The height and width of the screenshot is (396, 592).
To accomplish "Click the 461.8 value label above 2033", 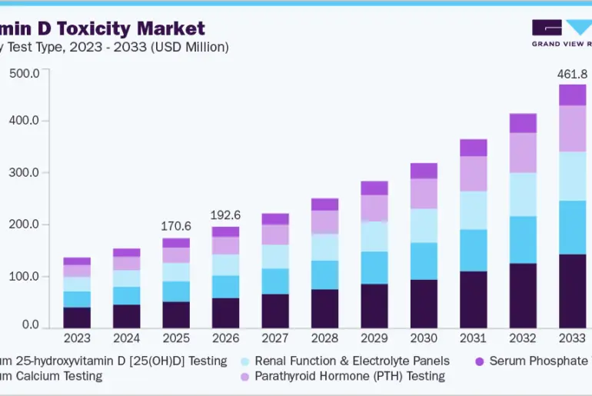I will point(572,75).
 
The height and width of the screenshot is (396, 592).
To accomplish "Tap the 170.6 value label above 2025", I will point(176,227).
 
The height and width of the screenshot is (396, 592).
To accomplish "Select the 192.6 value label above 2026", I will point(225,215).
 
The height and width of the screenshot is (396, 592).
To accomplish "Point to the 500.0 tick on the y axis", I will point(24,73).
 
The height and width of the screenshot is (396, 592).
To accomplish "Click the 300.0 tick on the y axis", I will point(24,173).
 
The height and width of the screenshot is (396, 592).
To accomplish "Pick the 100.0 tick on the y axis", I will point(24,276).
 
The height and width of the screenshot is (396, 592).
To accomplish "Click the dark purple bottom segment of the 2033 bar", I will point(572,291).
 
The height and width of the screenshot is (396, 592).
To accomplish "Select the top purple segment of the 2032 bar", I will point(523,123).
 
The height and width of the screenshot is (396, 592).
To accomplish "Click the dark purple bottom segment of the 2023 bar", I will point(77,318).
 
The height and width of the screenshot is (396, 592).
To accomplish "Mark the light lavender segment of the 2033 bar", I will point(572,128).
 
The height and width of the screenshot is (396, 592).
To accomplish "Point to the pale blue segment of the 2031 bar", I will point(473,210).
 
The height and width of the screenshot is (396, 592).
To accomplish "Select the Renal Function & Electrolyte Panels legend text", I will point(352,361).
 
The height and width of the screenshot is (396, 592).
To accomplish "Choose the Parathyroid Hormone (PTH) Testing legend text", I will point(350,376).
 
